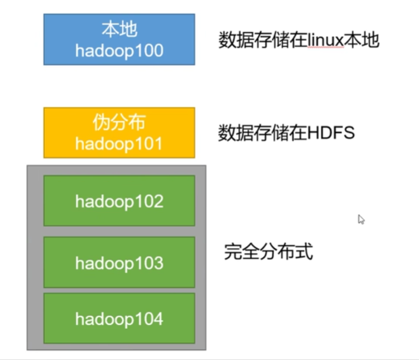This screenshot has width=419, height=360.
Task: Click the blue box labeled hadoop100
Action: pos(119,39)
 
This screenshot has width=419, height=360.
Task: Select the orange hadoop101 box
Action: pos(119,132)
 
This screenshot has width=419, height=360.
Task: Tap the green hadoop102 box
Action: pos(119,201)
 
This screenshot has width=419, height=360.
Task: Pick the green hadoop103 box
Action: pos(119,262)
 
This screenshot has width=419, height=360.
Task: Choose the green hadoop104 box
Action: pos(119,318)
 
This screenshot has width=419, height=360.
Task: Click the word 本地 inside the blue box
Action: pos(119,29)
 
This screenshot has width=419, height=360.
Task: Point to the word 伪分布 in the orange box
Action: pos(119,122)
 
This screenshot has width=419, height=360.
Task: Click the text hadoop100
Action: pos(119,50)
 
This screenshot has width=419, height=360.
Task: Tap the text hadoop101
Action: pos(119,143)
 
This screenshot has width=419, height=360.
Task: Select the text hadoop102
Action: pos(119,201)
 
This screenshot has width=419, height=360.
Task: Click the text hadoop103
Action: pos(119,263)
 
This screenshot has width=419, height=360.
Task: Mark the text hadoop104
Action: pos(119,318)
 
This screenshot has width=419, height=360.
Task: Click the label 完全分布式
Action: pos(268,252)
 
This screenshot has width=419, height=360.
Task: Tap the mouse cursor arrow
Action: pos(361,219)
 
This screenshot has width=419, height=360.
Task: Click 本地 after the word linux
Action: pos(363,40)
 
